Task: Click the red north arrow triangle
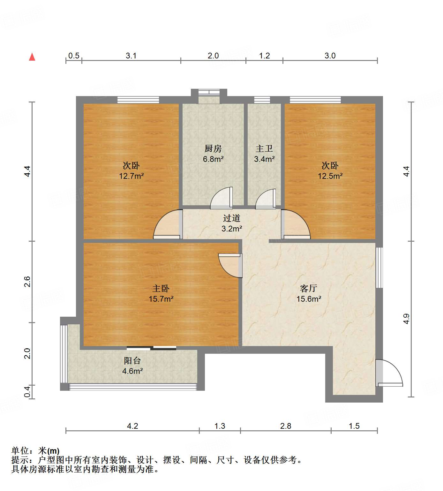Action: coord(32,57)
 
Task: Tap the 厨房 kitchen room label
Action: coord(213,148)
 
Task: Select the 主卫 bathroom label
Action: coord(264,148)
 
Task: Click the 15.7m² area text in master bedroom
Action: coord(161,299)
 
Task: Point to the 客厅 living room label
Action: coord(309,288)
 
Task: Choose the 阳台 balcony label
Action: coord(132,361)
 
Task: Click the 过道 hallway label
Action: coord(231,218)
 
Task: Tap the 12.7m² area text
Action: coord(131,176)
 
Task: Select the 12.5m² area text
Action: coord(330,176)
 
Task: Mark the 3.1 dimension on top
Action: coord(131,56)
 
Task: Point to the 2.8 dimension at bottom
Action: coord(286,426)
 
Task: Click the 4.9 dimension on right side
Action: coord(406,319)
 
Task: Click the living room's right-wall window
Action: coord(379,268)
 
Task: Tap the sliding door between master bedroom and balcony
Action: coord(151,348)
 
